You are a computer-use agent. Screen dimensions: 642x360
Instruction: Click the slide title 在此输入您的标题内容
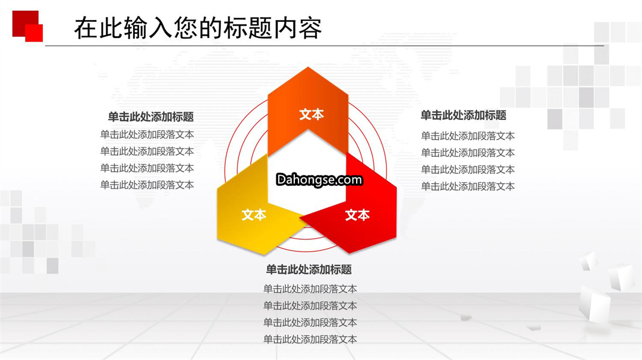(198, 28)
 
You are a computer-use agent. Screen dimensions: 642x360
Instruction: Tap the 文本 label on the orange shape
(311, 115)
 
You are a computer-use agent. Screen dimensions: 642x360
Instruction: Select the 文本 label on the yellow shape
(254, 215)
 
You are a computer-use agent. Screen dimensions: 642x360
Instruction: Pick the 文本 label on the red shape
(357, 215)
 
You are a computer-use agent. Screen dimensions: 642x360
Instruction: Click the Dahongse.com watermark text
(319, 179)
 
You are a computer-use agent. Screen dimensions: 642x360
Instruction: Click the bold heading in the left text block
(150, 117)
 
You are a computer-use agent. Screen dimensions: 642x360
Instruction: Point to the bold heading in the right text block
(464, 115)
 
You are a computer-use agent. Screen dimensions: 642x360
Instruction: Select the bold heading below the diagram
(309, 270)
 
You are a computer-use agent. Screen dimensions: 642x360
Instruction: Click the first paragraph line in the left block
(147, 135)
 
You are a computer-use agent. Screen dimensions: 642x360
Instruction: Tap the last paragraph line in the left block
(147, 185)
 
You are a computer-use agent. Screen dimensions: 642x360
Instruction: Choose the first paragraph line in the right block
(468, 136)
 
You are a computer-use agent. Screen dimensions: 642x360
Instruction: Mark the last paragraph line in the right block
(468, 186)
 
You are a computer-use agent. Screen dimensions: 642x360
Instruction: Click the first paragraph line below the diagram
(310, 289)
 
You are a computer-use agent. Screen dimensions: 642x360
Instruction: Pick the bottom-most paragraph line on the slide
(310, 339)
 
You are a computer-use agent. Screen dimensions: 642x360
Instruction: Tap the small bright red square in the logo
(34, 33)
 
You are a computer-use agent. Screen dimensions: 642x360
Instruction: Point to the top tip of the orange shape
(309, 67)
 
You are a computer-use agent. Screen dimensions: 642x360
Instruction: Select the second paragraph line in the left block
(147, 151)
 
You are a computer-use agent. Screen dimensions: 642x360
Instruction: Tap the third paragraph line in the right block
(468, 169)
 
